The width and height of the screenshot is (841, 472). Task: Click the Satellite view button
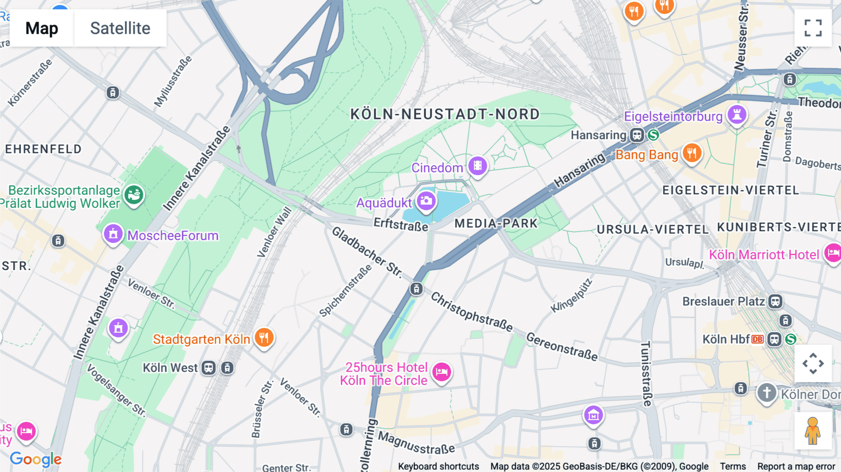[x=120, y=28]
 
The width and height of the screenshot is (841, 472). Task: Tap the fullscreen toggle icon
[x=813, y=28]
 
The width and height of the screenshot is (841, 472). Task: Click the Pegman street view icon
[x=812, y=430]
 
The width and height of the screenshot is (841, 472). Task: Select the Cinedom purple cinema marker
[x=478, y=166]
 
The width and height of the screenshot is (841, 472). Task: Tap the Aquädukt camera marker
[x=426, y=201]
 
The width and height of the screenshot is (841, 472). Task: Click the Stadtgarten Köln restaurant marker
[x=264, y=337]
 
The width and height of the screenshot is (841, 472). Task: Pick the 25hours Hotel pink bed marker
[x=442, y=372]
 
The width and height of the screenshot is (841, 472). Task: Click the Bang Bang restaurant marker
[x=692, y=153]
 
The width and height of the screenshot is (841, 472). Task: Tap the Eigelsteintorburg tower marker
[x=737, y=114]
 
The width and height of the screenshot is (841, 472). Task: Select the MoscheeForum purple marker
[x=113, y=234]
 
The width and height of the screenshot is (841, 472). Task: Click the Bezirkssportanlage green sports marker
[x=134, y=194]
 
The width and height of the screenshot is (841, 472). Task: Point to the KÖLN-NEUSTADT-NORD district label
[x=445, y=114]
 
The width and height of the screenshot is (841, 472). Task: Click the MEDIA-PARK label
[x=496, y=223]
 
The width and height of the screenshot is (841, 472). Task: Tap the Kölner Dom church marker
[x=767, y=393]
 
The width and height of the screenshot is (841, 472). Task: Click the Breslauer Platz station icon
[x=775, y=301]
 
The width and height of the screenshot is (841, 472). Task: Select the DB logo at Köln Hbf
[x=757, y=339]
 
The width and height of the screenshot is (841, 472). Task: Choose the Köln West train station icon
[x=209, y=368]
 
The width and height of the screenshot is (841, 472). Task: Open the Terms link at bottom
[x=733, y=466]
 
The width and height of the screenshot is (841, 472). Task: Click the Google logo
[x=36, y=459]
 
